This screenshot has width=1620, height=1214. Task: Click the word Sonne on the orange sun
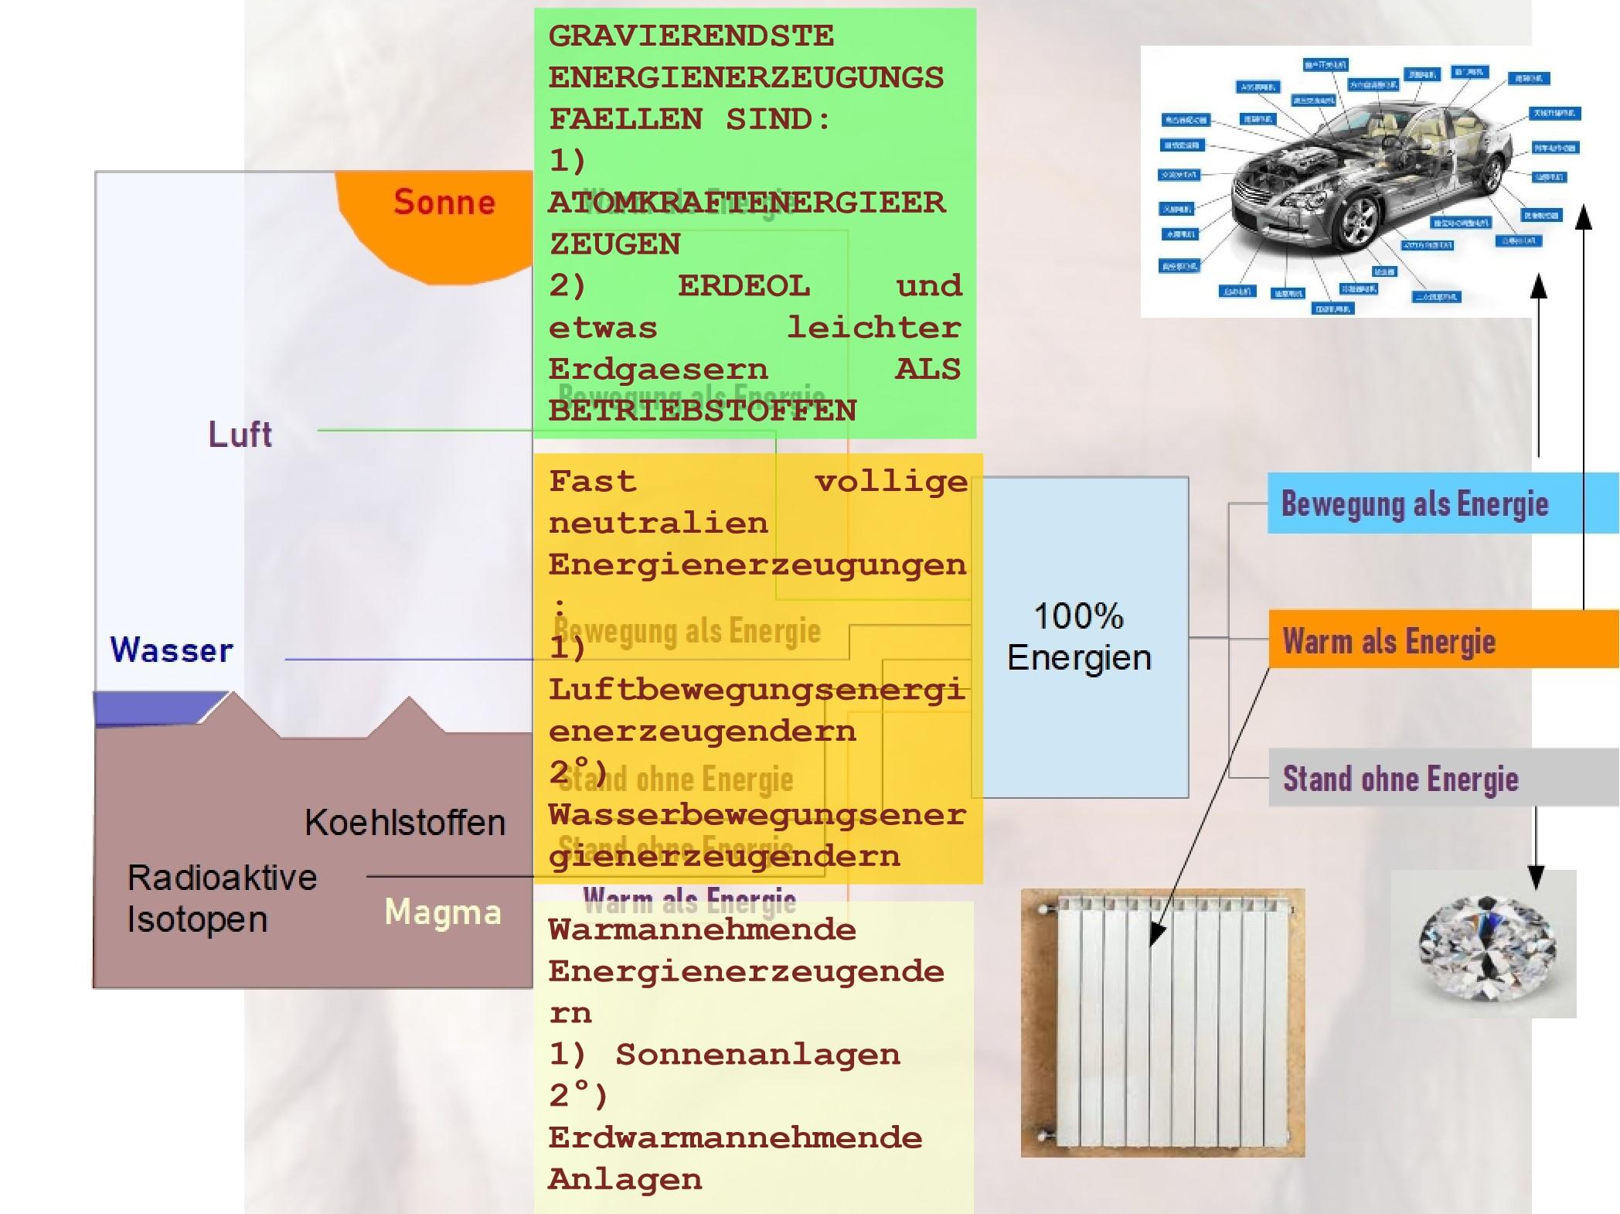pos(444,203)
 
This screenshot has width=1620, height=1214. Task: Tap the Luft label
pos(240,435)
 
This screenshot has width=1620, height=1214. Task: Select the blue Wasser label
pos(172,650)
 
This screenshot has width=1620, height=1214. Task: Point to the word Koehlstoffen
pos(405,823)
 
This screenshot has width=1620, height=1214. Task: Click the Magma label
pos(443,912)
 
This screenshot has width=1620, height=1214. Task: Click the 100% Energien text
pos(1079,637)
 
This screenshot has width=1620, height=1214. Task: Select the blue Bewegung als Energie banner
pos(1414,504)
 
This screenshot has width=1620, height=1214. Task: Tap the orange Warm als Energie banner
pos(1389,641)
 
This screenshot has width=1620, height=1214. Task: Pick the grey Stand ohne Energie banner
pos(1400,779)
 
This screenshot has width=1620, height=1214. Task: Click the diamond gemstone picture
pos(1486,945)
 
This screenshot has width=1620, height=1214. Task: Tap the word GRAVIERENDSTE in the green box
pos(691,36)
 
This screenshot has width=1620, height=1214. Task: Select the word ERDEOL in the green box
pos(744,286)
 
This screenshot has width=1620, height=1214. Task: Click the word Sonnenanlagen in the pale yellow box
pos(757,1055)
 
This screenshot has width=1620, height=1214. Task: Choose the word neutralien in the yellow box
pos(659,523)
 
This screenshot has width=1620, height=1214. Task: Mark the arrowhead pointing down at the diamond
pos(1537,878)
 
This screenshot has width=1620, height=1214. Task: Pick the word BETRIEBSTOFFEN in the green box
pos(702,411)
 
